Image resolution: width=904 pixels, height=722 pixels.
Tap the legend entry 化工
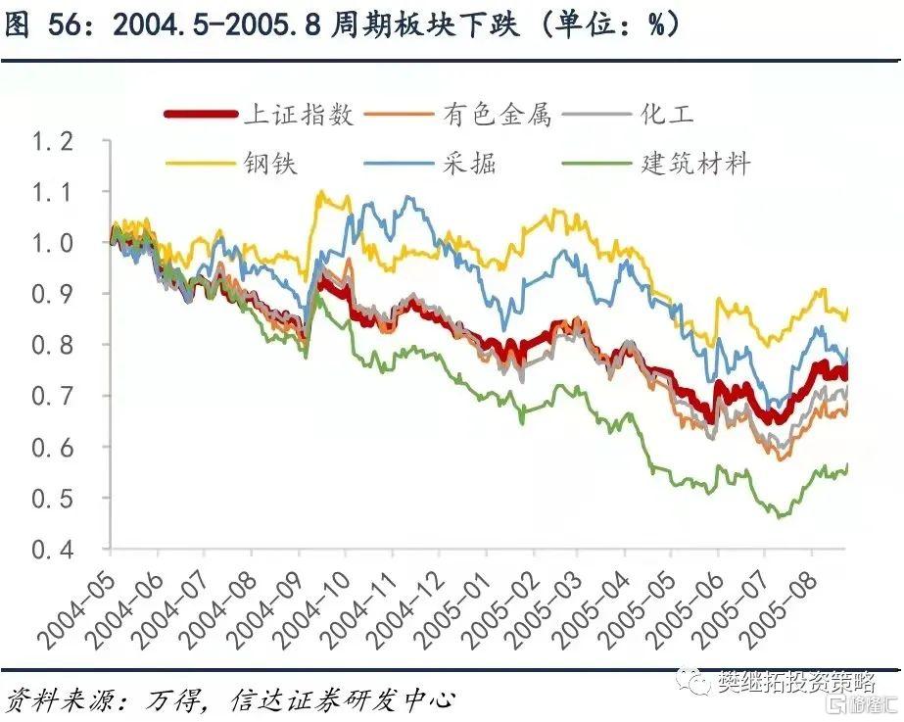666,115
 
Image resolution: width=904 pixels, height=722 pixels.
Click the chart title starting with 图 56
343,24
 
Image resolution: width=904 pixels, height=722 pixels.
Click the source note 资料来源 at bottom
230,699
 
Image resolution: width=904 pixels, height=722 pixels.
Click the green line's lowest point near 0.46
780,516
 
